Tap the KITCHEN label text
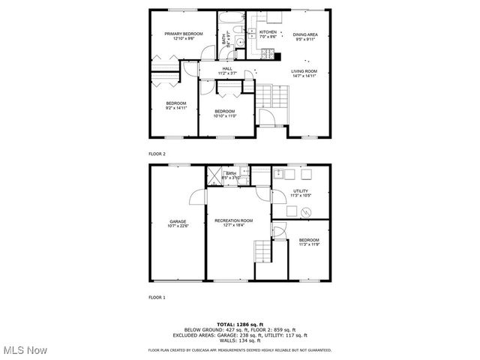(268, 33)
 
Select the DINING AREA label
(305, 34)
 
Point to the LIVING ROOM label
(304, 71)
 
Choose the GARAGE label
(178, 221)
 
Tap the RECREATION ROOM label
(233, 221)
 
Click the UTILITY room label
(301, 191)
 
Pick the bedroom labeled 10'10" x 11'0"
(225, 113)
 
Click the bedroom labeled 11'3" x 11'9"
(309, 241)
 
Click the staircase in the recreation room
(262, 252)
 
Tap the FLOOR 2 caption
(157, 154)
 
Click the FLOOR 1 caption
(157, 298)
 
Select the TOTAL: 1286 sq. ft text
(238, 325)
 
